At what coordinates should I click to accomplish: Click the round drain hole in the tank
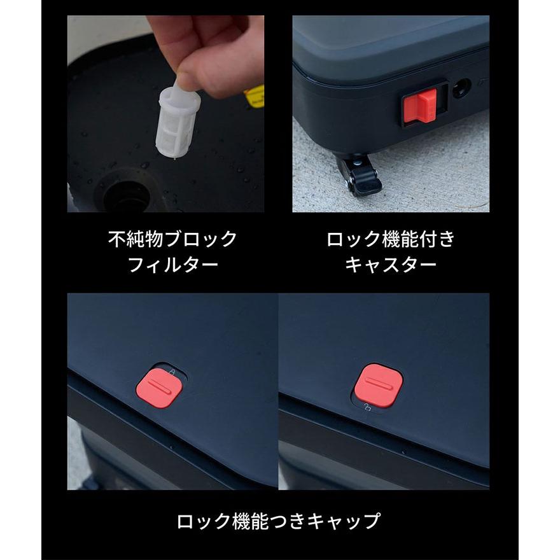tap(128, 197)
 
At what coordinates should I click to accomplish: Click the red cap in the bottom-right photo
tap(378, 385)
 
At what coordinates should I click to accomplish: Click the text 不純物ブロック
tap(172, 240)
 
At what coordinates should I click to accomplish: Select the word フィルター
tap(172, 264)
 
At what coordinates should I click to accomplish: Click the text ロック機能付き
tap(390, 240)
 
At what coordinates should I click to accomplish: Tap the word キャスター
tap(390, 264)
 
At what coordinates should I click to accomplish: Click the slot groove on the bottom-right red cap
tap(378, 384)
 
